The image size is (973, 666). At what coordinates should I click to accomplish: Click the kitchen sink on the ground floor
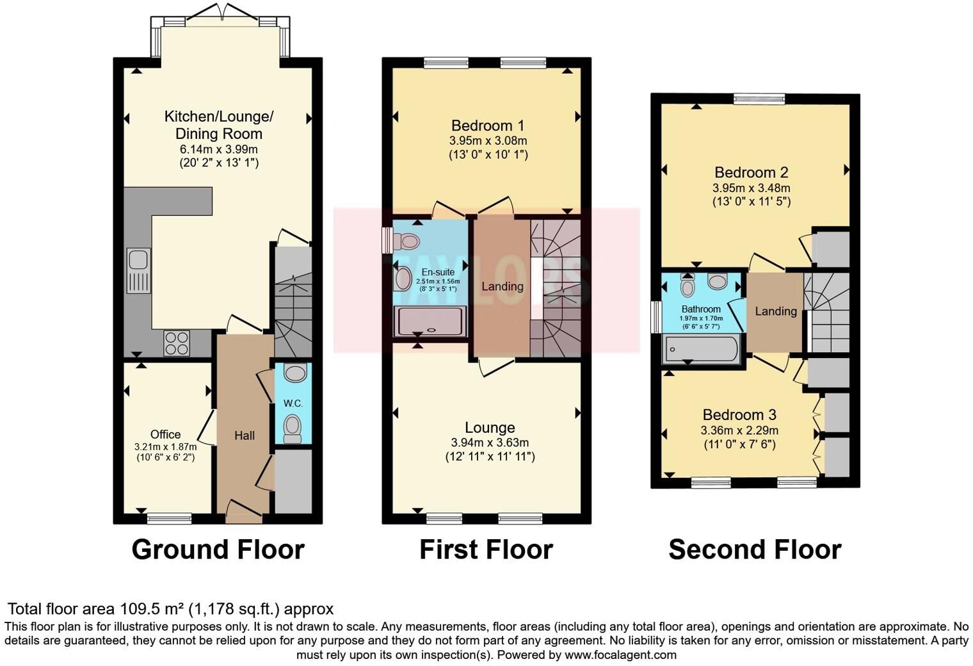[138, 270]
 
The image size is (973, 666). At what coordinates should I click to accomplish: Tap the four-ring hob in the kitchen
[177, 343]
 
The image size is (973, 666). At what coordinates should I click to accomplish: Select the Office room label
[166, 434]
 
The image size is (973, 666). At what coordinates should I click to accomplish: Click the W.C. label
[293, 403]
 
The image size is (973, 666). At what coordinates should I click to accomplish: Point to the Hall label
[245, 435]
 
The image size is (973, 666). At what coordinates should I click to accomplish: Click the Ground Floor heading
[218, 549]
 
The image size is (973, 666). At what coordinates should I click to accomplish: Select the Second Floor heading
[755, 549]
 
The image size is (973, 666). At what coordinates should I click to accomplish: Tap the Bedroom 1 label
[488, 126]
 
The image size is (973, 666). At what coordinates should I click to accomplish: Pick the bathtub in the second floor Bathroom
[701, 349]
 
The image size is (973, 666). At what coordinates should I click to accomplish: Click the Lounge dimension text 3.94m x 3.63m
[490, 443]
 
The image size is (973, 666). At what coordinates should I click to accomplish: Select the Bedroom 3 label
[739, 415]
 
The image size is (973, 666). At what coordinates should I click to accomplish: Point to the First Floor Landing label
[503, 286]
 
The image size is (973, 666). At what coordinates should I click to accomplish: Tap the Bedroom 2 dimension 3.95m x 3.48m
[751, 188]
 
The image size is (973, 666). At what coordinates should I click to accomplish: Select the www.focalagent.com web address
[621, 654]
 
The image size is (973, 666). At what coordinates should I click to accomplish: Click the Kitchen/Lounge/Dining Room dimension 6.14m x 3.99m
[219, 149]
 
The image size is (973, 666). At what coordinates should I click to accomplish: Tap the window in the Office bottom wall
[170, 518]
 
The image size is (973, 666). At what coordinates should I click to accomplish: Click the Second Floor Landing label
[776, 311]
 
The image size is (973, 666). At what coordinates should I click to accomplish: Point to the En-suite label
[438, 272]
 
